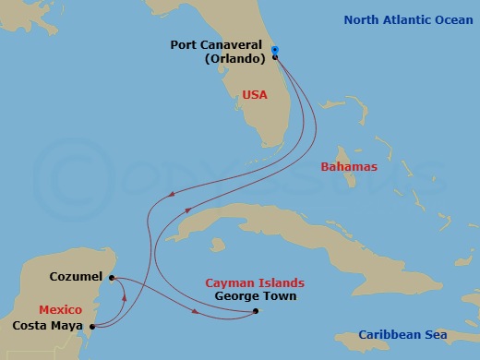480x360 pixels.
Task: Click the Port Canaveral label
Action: pos(220,43)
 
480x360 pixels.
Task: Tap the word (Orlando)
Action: pos(235,57)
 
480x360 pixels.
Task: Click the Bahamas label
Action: pos(349,167)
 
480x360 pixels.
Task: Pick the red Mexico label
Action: pos(61,309)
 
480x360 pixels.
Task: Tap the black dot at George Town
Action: pos(256,311)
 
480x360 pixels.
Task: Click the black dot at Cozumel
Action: pos(111,278)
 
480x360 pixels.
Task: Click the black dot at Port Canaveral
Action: pos(275,57)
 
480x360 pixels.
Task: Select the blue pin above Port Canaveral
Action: pos(275,51)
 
